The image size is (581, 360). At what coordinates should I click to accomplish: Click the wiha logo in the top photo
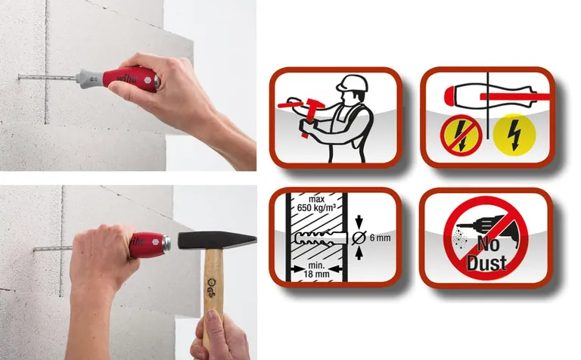coord(127,79)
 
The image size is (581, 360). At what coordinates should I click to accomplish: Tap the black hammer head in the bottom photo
coord(217,241)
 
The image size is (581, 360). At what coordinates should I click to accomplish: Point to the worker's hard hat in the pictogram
coord(353,83)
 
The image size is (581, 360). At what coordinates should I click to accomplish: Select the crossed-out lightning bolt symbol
coord(461,135)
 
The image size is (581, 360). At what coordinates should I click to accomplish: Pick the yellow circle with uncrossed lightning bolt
coord(514,135)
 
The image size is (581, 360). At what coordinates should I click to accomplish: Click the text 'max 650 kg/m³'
coord(316,203)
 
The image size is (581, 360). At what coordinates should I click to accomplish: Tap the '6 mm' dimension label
coord(381,237)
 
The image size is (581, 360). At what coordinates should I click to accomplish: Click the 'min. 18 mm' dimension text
coord(316,270)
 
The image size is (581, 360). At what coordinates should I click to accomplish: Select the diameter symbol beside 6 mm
coord(359,237)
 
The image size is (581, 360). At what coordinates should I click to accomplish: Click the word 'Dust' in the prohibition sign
coord(486,262)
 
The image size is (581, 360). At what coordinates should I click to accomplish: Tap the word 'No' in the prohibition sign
coord(488,244)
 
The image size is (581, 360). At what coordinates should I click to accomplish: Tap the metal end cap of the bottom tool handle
coord(166,243)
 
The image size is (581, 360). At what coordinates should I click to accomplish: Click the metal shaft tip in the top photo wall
coord(19,77)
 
